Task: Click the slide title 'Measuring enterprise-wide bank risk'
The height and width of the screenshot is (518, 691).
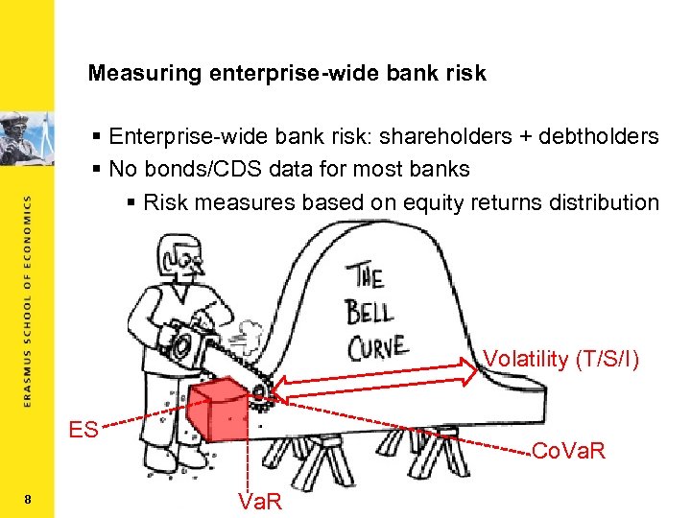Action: coord(287,73)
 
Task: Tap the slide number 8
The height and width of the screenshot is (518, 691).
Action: coord(29,499)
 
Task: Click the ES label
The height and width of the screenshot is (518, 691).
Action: coord(83,430)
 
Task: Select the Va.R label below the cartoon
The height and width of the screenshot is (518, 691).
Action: coord(259,501)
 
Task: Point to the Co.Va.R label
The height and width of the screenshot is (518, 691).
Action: coord(568,450)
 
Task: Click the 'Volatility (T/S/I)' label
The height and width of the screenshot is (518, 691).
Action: coord(560,359)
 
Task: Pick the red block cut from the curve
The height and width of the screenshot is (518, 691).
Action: coord(222,409)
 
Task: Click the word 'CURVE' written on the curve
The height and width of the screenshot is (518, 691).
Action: coord(377,344)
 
